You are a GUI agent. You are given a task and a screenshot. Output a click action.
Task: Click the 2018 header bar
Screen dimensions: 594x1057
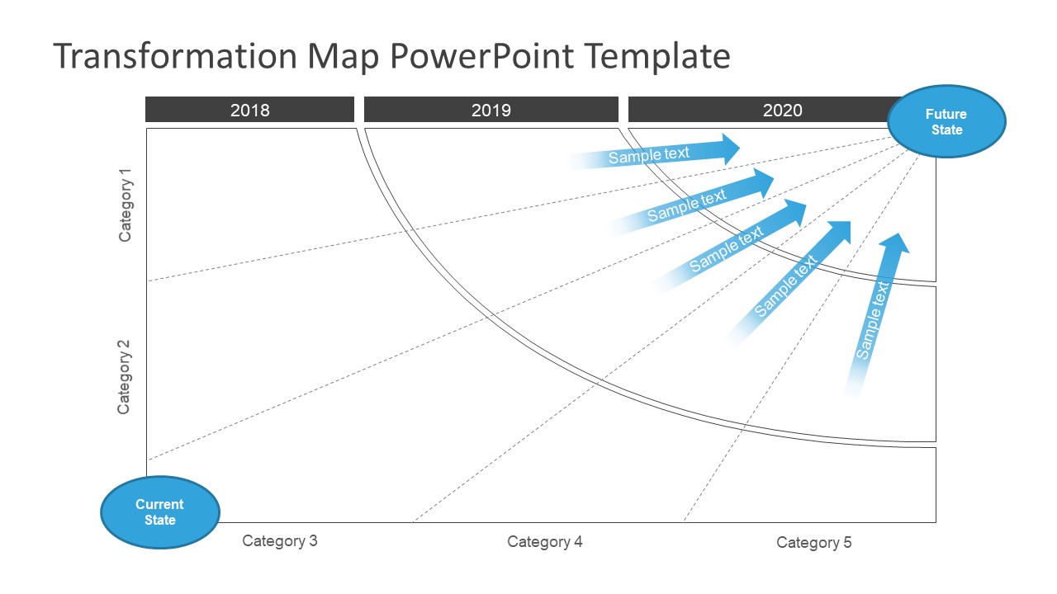[x=249, y=110]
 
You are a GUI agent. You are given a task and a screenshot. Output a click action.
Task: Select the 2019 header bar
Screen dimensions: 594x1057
[x=491, y=110]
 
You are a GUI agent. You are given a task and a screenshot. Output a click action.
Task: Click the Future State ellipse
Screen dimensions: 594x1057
[x=946, y=121]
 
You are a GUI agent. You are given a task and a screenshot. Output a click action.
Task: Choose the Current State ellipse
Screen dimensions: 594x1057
[x=160, y=512]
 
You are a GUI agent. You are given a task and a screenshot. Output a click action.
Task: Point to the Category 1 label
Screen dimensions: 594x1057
[x=126, y=205]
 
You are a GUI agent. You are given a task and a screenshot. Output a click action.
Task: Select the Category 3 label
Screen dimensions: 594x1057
[x=279, y=541]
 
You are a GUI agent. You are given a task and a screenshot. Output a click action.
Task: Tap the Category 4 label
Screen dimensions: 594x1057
[x=544, y=542]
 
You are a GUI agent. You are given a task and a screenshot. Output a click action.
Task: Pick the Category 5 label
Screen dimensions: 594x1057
[x=813, y=543]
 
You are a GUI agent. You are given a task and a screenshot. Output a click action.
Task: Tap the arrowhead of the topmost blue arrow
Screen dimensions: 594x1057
[x=730, y=148]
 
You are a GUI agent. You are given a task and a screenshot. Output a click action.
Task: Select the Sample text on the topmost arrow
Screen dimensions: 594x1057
[x=648, y=155]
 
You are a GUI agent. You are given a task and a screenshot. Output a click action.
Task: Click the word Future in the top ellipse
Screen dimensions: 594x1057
[x=946, y=114]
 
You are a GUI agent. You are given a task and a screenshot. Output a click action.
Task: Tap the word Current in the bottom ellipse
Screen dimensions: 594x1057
[x=160, y=504]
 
